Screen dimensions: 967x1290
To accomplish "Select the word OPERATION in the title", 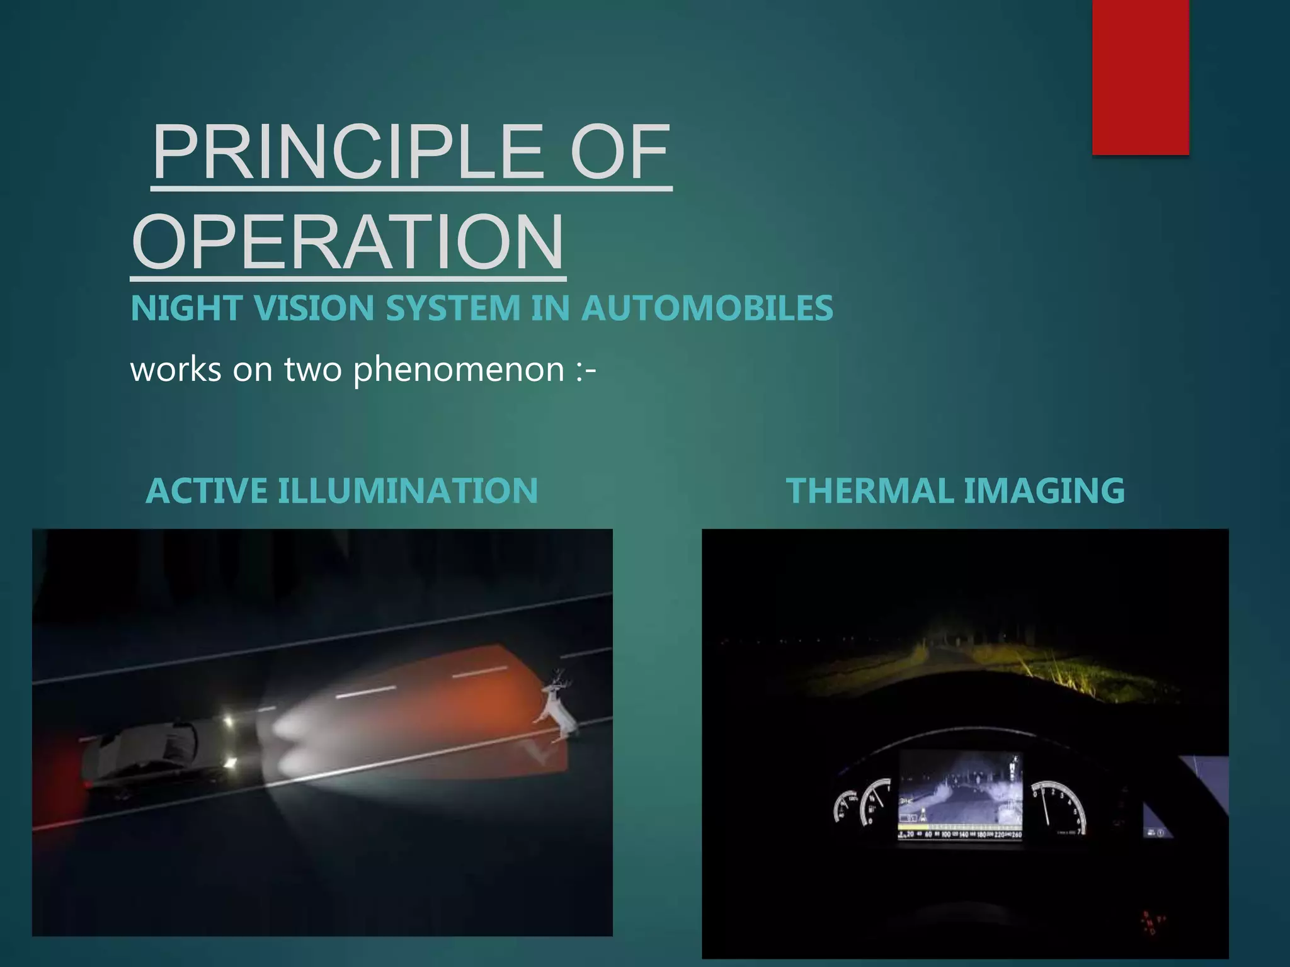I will [x=348, y=242].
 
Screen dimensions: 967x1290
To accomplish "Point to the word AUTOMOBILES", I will [x=707, y=308].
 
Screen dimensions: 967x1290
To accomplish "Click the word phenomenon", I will [x=459, y=370].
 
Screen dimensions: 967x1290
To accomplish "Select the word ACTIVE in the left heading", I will [x=206, y=491].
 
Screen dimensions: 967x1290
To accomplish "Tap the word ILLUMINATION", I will [x=408, y=491].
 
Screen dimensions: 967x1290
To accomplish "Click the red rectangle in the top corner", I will [x=1140, y=77].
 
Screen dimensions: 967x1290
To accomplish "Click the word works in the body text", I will [x=176, y=370].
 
